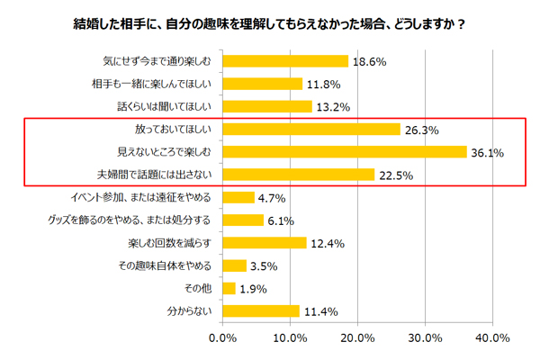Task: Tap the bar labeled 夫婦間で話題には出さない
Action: [298, 175]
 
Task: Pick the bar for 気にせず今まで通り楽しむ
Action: [284, 61]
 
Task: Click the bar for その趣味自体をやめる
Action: [234, 265]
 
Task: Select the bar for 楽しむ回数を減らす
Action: [264, 243]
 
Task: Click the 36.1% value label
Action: [487, 152]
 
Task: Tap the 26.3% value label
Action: [421, 130]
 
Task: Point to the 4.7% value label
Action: [272, 198]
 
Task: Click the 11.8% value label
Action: [322, 85]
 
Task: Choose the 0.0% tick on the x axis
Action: [222, 337]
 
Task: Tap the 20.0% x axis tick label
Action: [357, 337]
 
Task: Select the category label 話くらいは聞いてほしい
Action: [158, 106]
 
